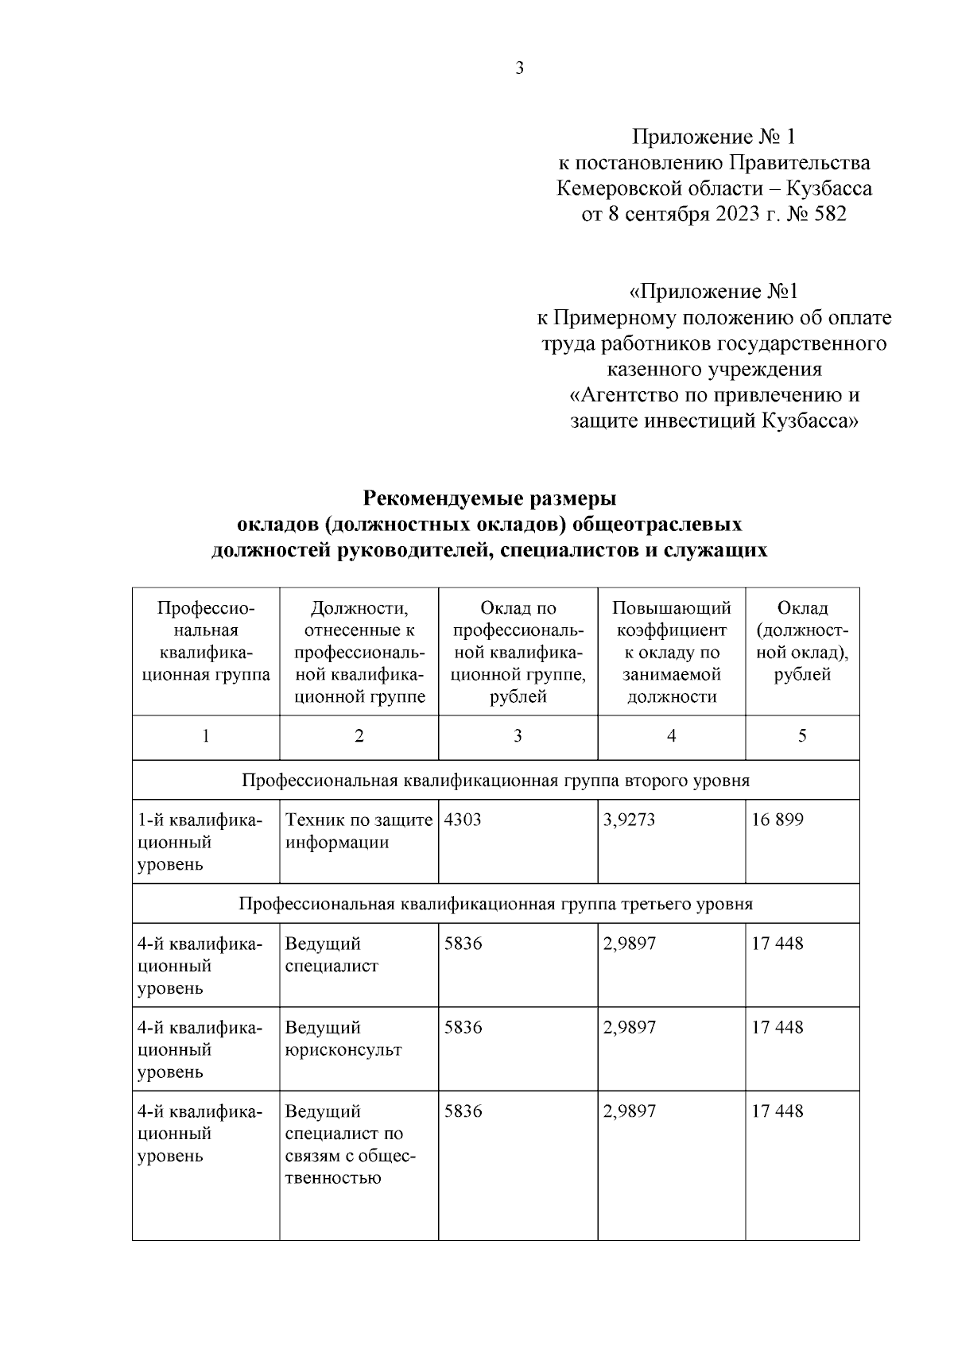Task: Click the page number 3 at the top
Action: coord(519,68)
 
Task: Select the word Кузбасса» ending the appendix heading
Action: coord(810,421)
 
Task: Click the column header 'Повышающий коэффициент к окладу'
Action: coord(671,652)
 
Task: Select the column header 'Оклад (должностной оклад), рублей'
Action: coord(802,641)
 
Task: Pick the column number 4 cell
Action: coord(671,736)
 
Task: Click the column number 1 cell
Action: coord(205,736)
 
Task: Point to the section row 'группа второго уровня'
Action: coord(495,780)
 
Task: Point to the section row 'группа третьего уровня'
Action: coord(495,904)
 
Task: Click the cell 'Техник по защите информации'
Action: coord(358,831)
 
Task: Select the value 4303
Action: coord(463,820)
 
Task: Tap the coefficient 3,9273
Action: coord(629,820)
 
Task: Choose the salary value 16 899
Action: coord(778,820)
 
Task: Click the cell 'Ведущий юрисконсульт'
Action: coord(343,1038)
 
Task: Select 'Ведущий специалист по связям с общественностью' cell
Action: coord(349,1144)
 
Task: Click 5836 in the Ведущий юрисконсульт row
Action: coord(463,1027)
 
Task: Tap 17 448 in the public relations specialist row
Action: coord(778,1111)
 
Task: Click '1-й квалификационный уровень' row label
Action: coord(198,842)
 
